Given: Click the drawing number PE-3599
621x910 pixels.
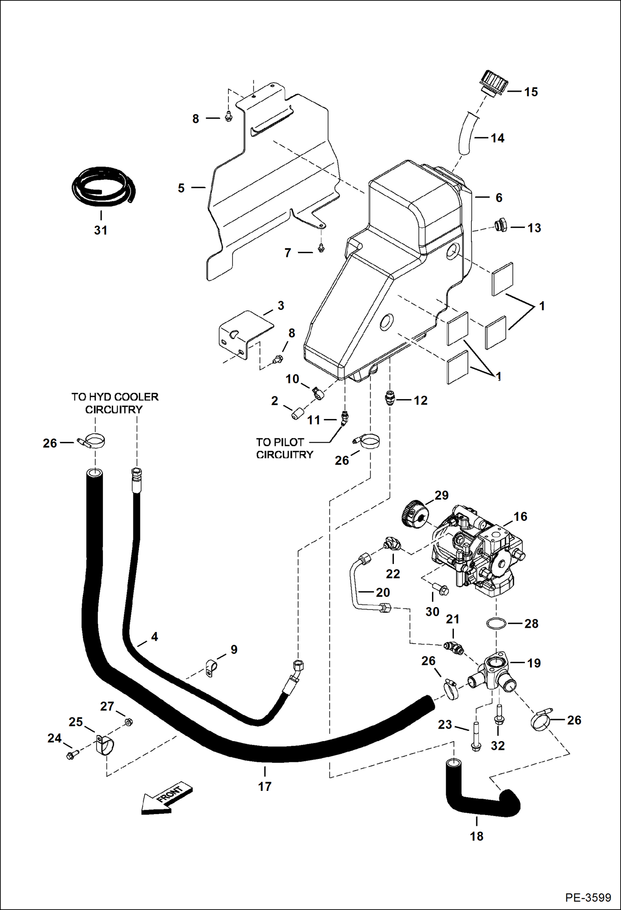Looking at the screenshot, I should pos(587,897).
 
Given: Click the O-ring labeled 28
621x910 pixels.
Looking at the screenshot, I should pos(496,623).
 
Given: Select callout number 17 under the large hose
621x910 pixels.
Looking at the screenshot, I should pos(264,786).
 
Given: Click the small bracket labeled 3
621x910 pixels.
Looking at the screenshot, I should pos(245,334).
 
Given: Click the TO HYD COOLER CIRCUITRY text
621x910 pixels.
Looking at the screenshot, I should pos(114,403).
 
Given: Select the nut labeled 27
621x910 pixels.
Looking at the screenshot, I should pos(129,722).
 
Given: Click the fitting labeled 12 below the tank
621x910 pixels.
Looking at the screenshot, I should pos(389,399).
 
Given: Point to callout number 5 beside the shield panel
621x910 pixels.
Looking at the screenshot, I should pos(181,188).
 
